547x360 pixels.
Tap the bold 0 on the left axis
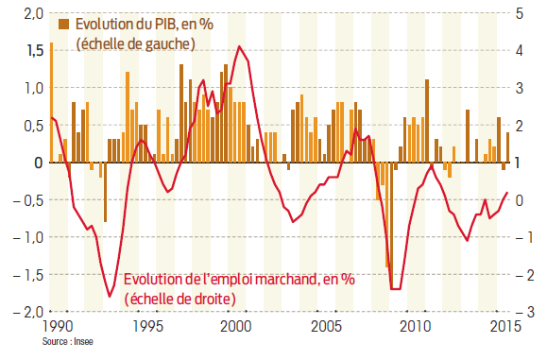point(39,163)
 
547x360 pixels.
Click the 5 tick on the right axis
point(521,13)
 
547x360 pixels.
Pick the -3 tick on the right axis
point(521,311)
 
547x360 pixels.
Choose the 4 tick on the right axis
point(521,51)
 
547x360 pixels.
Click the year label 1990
point(57,327)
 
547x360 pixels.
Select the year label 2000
point(235,327)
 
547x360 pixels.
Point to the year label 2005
point(325,327)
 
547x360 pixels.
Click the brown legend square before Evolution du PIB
point(62,24)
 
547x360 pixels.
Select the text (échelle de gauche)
point(134,43)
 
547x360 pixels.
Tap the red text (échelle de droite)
point(179,299)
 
